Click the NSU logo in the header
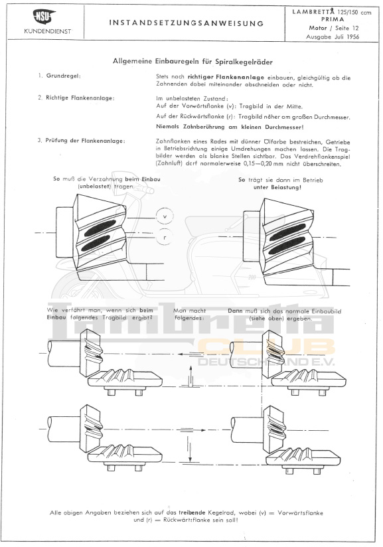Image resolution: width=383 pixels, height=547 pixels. pos(44,17)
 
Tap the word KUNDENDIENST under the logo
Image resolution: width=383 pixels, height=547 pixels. pos(48,31)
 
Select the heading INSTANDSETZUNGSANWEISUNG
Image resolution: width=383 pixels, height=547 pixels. pos(187,23)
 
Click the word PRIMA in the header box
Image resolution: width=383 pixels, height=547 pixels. pos(333,19)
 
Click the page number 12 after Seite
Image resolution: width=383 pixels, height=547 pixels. pos(355,28)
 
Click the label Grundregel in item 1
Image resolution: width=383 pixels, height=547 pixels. pos(63,76)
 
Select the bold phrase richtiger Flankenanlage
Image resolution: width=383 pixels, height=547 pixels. pos(226,77)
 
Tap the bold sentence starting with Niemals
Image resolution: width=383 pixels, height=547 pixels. pos(230,127)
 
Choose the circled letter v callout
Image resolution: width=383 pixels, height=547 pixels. pos(165,216)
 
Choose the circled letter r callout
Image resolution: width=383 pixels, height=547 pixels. pos(165,237)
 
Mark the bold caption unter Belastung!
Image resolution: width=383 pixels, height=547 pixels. pos(277,187)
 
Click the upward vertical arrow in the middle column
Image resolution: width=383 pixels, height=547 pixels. pos(191,376)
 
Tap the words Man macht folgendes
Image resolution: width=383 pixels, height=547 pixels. pos(189,314)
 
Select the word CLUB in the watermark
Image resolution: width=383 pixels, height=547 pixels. pos(266,347)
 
